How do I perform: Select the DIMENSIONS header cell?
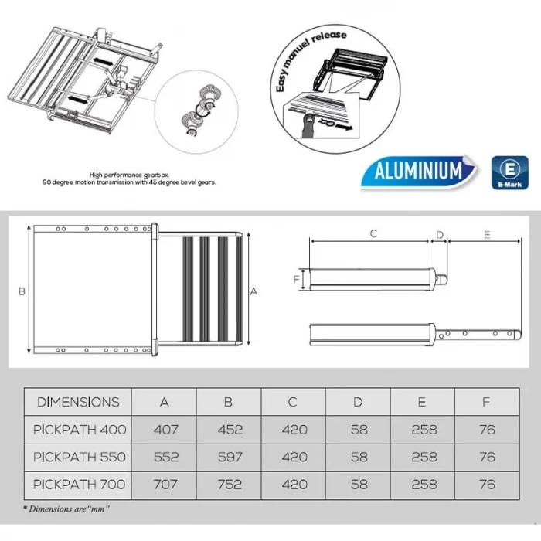[78, 401]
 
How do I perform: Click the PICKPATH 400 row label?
[78, 429]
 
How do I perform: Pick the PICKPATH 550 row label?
[78, 457]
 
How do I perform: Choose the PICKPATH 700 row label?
[78, 485]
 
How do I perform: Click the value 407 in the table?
[165, 429]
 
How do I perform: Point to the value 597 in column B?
[230, 457]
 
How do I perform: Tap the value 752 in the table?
[230, 485]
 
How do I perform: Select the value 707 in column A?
[165, 485]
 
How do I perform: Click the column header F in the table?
[487, 401]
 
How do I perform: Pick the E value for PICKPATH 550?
[424, 457]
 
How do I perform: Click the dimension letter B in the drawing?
[22, 291]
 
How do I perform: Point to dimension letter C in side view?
[373, 233]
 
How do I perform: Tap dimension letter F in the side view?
[297, 278]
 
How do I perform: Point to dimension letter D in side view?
[440, 233]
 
